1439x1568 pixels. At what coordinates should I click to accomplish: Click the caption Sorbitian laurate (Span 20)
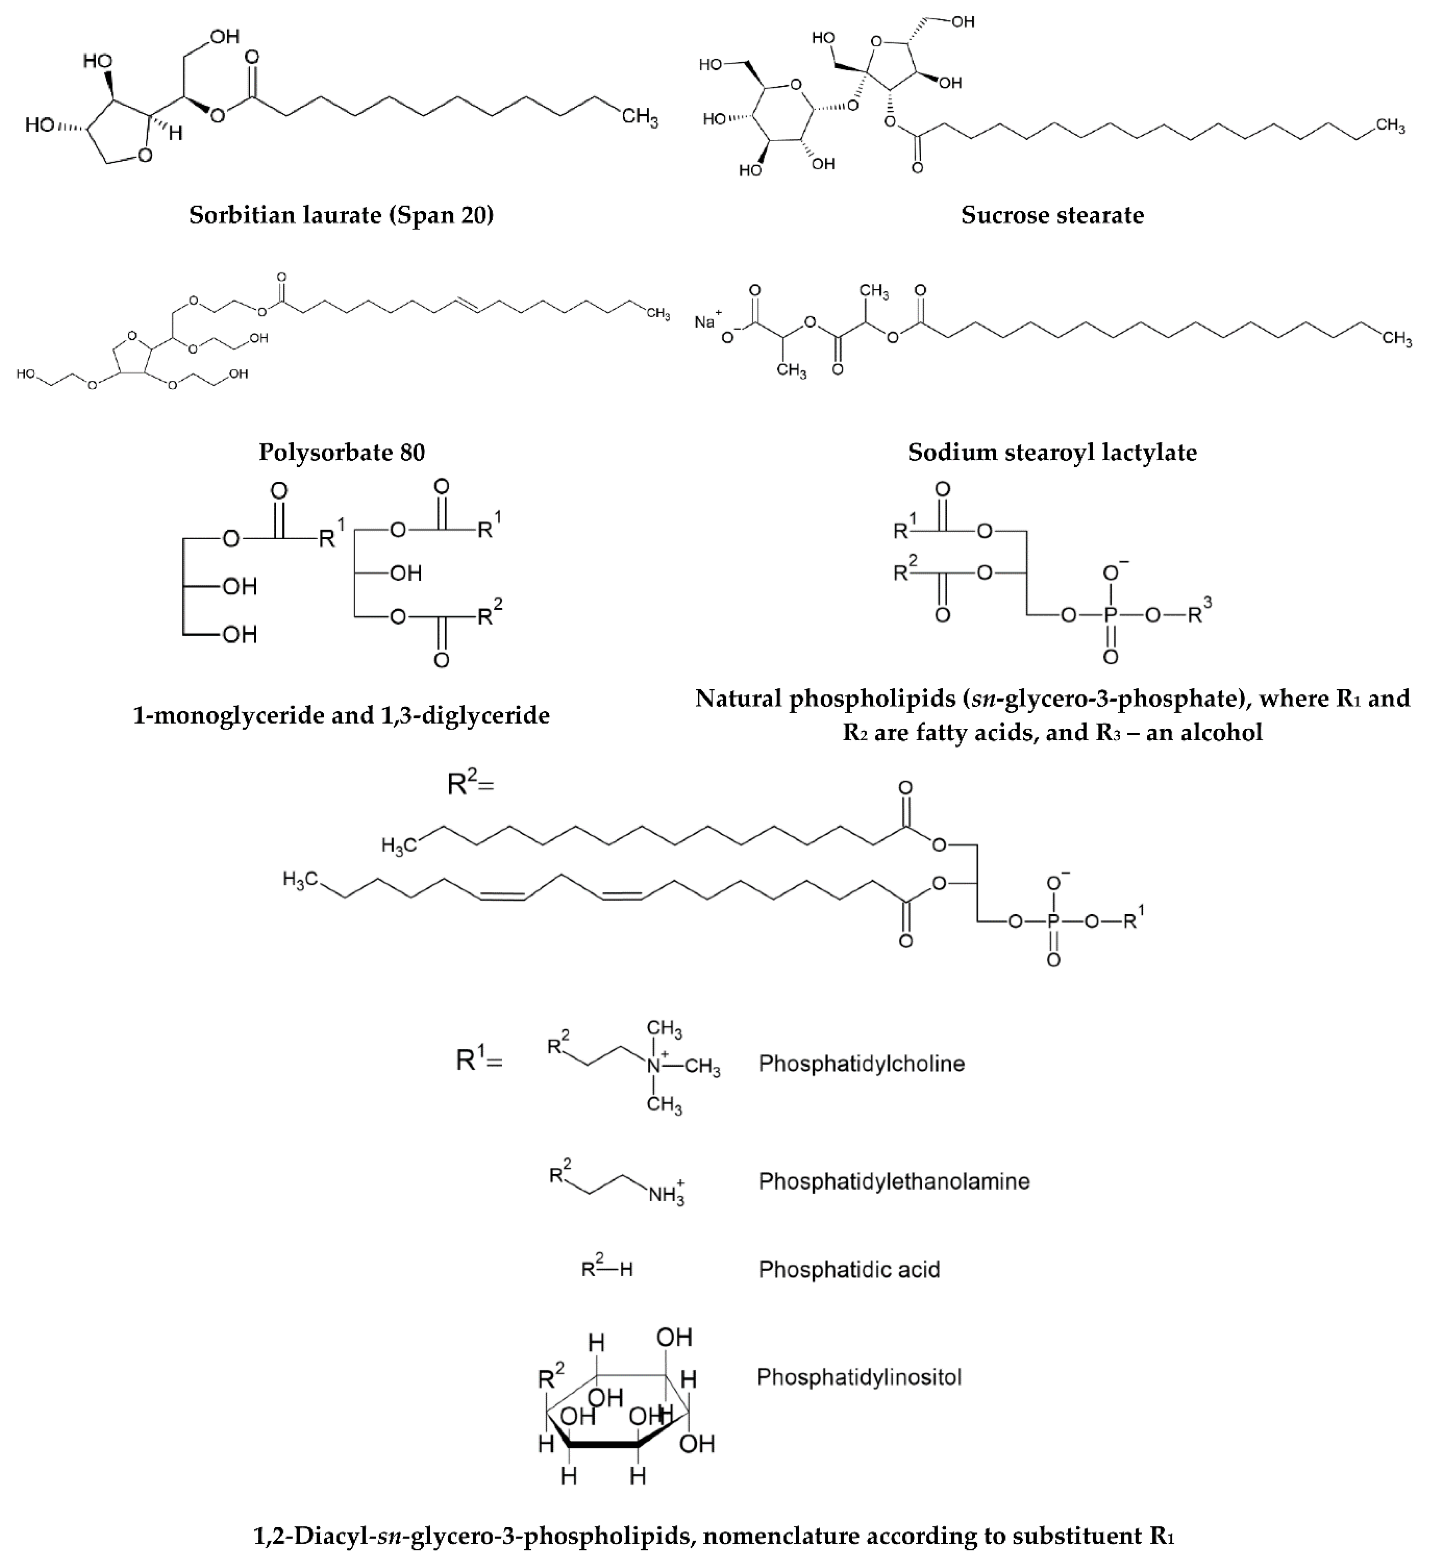pos(341,215)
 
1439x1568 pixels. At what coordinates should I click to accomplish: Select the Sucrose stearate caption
pos(1052,215)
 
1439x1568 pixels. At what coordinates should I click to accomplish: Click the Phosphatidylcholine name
pos(861,1064)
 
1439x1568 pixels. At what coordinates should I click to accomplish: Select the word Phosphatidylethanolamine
pos(894,1181)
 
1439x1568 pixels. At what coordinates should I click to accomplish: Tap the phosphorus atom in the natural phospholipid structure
pos(1110,615)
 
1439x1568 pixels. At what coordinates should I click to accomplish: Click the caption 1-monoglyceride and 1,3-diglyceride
pos(341,715)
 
